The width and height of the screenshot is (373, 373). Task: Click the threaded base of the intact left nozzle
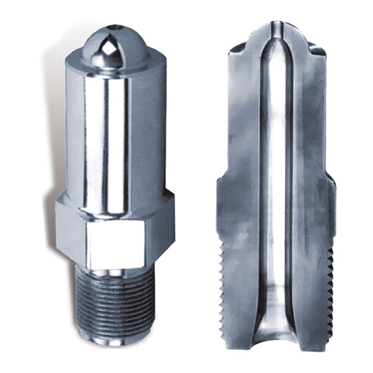click(113, 306)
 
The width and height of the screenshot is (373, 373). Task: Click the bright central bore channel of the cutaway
click(277, 186)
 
